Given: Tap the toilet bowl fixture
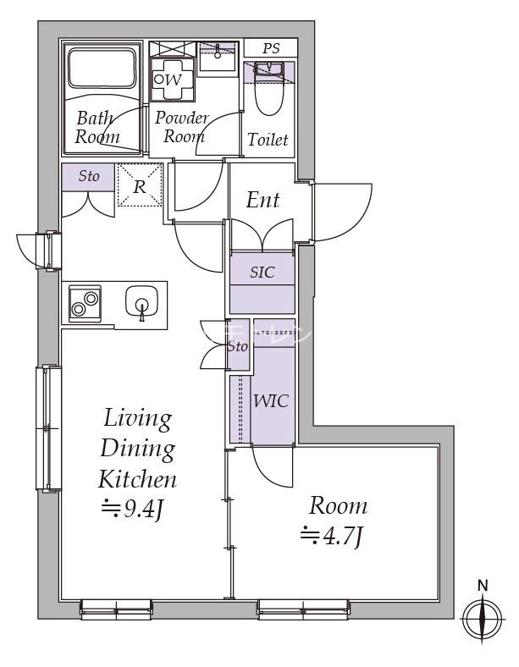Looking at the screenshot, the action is (x=268, y=90).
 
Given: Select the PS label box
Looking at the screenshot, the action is (x=271, y=47).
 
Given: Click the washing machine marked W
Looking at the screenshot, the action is (x=172, y=80).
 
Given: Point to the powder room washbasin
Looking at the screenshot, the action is (x=218, y=58).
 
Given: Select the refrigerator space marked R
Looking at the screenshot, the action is (x=140, y=185).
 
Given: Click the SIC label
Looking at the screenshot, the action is (x=262, y=273).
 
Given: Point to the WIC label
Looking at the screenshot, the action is (x=271, y=400).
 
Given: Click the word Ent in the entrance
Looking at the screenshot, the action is (x=263, y=200).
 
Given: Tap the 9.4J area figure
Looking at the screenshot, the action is (x=132, y=509).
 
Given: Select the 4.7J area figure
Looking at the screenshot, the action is (x=331, y=537).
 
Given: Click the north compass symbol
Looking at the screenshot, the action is (x=483, y=619).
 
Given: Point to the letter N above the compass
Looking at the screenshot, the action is (x=483, y=587).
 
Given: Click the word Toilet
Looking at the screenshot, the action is (x=268, y=140).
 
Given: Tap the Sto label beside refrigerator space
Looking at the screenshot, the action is (x=89, y=176).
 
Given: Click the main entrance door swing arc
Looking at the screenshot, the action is (x=343, y=212).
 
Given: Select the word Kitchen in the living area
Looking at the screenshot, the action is (x=137, y=479).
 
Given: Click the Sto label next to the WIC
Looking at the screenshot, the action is (x=237, y=347).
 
